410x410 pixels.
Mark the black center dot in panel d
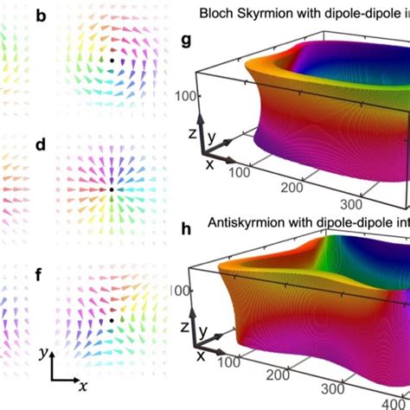[112, 188]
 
